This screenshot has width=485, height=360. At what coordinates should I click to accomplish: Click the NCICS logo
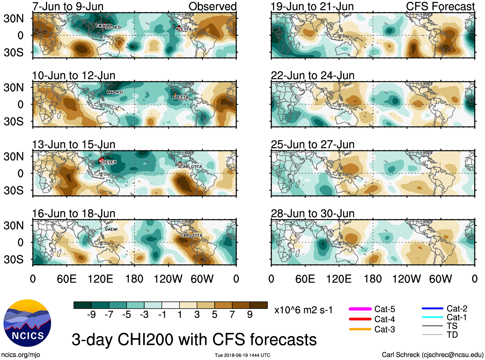pos(27,323)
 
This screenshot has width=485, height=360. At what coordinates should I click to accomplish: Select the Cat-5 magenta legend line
pos(360,309)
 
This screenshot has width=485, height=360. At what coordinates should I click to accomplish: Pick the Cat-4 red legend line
pos(360,319)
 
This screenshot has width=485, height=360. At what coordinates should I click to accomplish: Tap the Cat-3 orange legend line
pos(360,329)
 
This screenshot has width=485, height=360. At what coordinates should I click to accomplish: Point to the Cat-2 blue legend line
pos(432,309)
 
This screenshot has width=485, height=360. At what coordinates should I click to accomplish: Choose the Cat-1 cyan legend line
pos(432,317)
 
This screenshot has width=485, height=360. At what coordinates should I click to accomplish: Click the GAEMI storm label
pos(111,229)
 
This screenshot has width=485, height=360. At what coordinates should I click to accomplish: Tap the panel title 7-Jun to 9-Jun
pos(68,6)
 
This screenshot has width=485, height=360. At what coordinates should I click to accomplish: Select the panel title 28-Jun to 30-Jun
pos(313,214)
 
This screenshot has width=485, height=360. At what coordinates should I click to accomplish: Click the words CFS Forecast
pos(440,6)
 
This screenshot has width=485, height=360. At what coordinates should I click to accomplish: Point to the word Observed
pos(212,6)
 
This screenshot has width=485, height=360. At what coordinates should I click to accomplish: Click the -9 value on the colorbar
pos(91,315)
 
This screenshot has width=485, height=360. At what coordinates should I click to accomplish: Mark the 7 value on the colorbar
pos(232,315)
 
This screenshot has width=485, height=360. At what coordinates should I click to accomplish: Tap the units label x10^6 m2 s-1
pos(303,310)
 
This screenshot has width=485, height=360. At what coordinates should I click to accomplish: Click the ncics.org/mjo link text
pos(21,355)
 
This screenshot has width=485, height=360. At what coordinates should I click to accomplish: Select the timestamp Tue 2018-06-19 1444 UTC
pos(242,355)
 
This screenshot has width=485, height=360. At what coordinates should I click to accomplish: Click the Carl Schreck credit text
pos(432,355)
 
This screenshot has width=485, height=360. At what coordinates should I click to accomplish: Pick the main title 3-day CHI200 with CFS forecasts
pos(194,340)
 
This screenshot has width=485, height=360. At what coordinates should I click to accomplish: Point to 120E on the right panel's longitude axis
pos(339,279)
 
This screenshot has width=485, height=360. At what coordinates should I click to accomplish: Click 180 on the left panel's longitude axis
pos(134,279)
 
